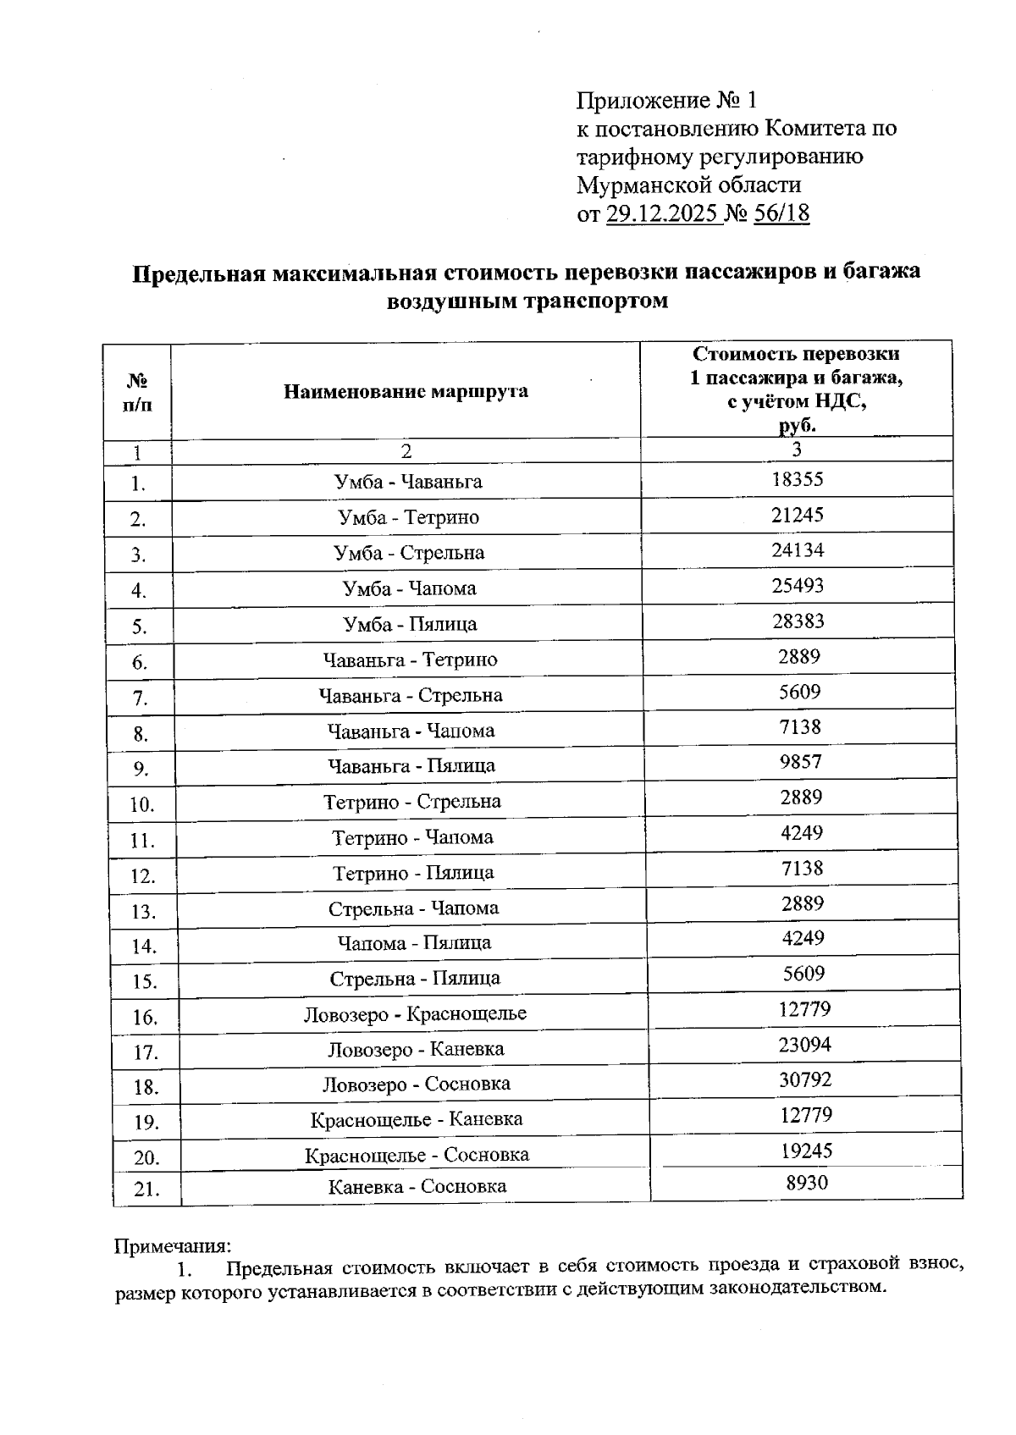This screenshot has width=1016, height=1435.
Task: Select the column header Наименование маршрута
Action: point(406,391)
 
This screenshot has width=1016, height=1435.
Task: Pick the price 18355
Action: point(797,479)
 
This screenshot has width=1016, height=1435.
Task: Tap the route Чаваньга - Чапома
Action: point(411,730)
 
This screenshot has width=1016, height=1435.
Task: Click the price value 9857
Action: point(800,761)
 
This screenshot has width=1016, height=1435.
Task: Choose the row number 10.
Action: point(142,804)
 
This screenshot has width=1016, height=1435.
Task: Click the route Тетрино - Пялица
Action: point(413,872)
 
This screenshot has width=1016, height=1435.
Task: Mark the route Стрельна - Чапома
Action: point(413,908)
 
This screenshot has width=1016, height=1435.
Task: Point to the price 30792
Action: point(804,1079)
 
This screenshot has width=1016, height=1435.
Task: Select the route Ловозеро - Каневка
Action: point(416,1049)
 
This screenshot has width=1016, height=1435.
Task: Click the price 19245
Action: point(806,1150)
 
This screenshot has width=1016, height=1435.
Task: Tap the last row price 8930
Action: point(807,1183)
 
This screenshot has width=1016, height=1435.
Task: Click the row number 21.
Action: point(146,1189)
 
